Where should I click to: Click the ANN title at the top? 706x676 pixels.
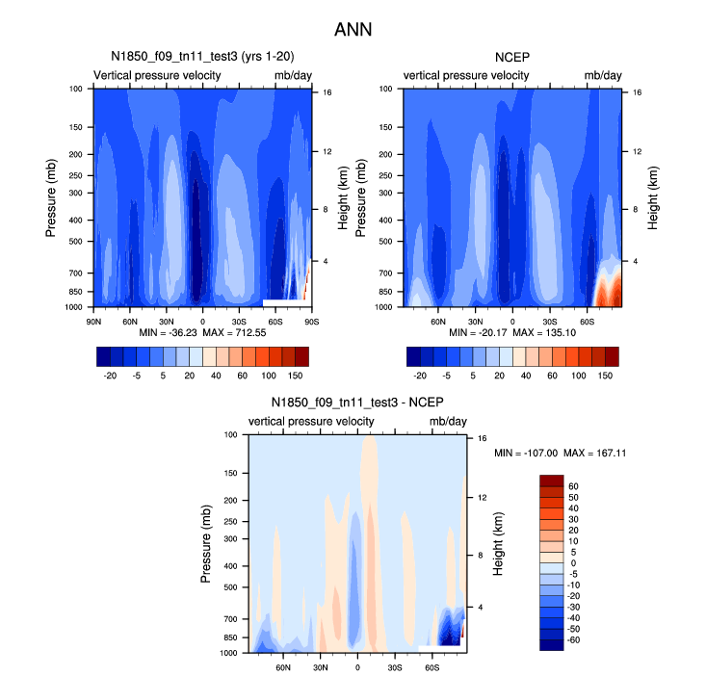click(353, 30)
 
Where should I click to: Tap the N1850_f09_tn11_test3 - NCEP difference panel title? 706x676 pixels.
click(357, 402)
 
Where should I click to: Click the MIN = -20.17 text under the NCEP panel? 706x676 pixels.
click(477, 332)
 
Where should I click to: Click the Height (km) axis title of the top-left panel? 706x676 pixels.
click(343, 197)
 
